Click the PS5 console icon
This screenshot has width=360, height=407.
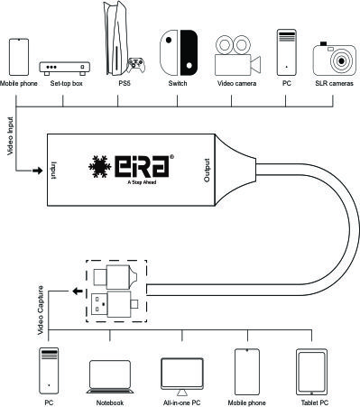tap(116, 38)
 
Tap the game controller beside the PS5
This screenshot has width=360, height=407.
tap(136, 65)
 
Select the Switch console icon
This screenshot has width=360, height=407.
tap(179, 52)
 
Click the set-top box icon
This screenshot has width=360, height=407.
tap(65, 69)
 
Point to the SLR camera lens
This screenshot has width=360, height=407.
tap(341, 61)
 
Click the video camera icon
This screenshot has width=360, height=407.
tap(237, 55)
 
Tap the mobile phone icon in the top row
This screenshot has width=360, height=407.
tap(19, 57)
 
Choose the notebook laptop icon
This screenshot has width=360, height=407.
tap(110, 376)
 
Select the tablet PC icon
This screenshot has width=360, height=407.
tap(311, 372)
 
